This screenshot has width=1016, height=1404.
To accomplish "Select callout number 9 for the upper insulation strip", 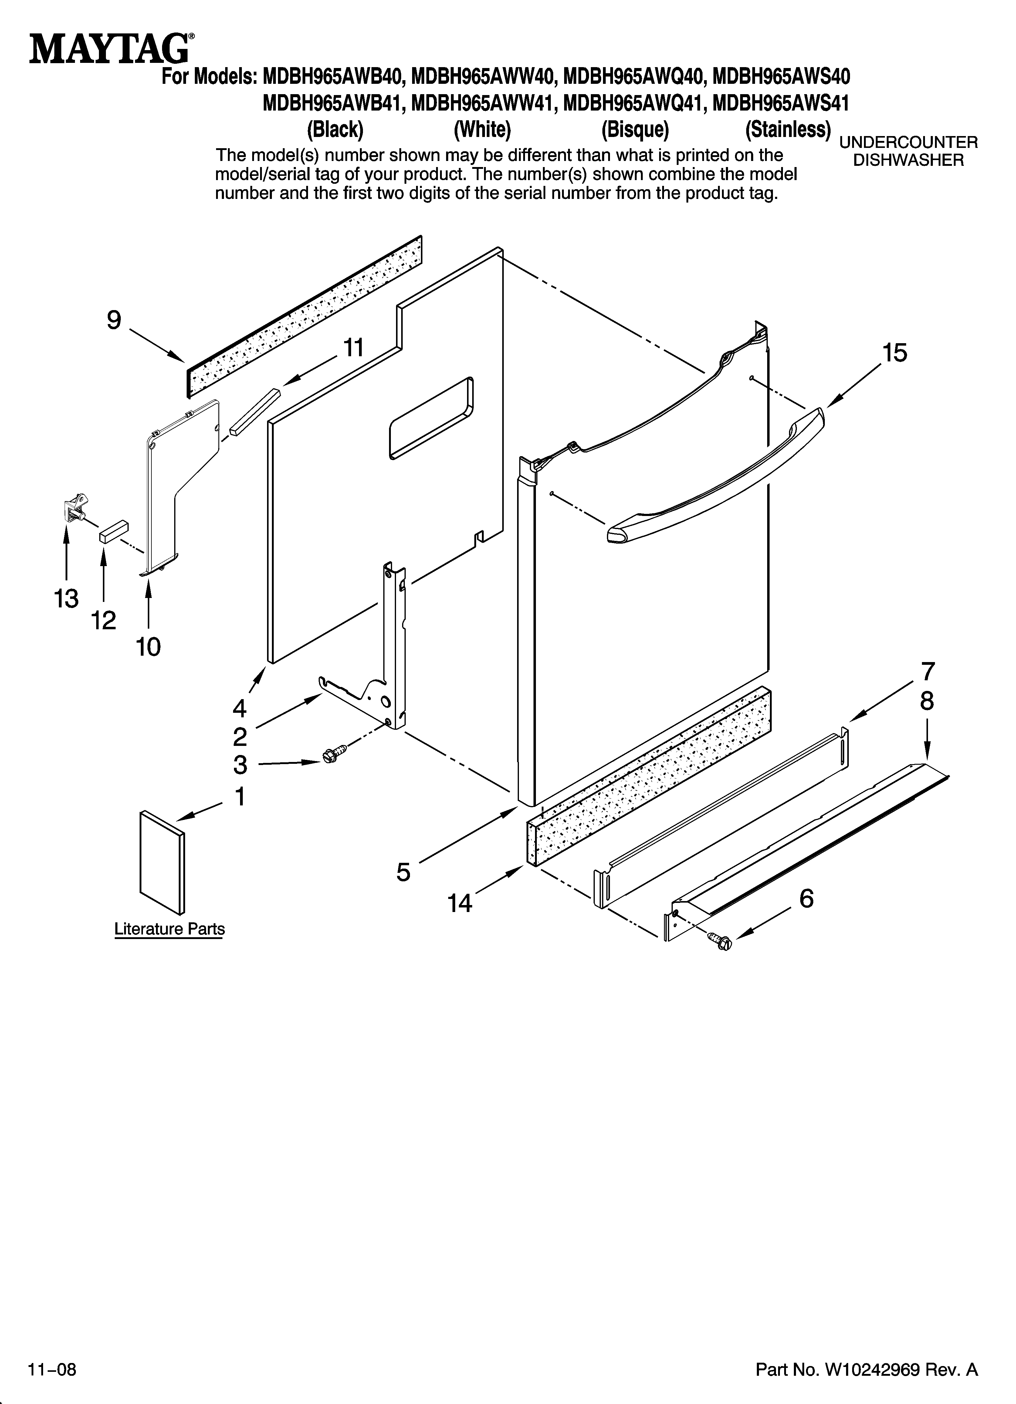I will (x=114, y=320).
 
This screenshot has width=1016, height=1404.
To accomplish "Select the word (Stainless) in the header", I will (x=787, y=130).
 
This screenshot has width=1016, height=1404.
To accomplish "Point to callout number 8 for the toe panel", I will (x=926, y=701).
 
